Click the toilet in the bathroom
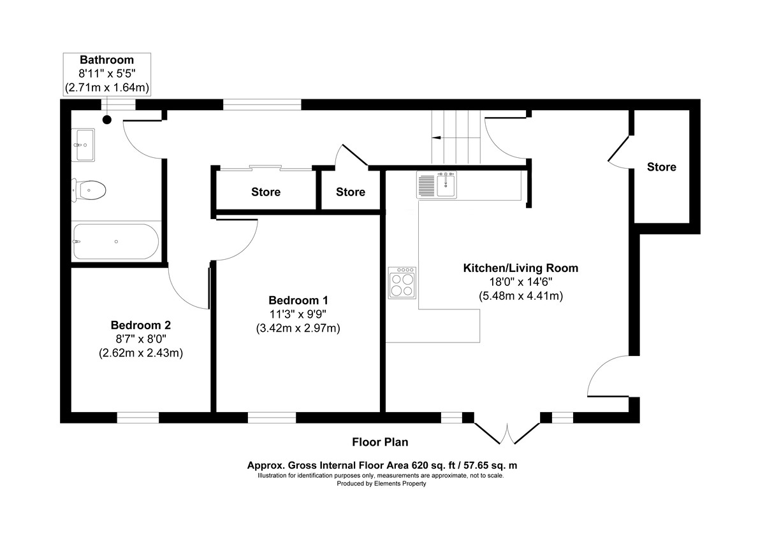click(89, 190)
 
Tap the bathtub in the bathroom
click(115, 241)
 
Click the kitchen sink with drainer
click(437, 185)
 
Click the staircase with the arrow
click(455, 137)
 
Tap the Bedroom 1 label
click(298, 300)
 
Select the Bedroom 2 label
click(140, 324)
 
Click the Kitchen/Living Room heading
click(520, 268)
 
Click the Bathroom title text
click(106, 60)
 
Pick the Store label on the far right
click(661, 167)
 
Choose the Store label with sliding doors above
click(265, 192)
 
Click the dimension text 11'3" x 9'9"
click(298, 314)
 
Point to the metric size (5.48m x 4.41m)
click(520, 296)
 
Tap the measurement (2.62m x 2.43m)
click(140, 353)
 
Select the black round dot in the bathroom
click(107, 119)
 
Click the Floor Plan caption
click(380, 442)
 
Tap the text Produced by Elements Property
click(381, 484)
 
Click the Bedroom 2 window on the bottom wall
click(137, 417)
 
